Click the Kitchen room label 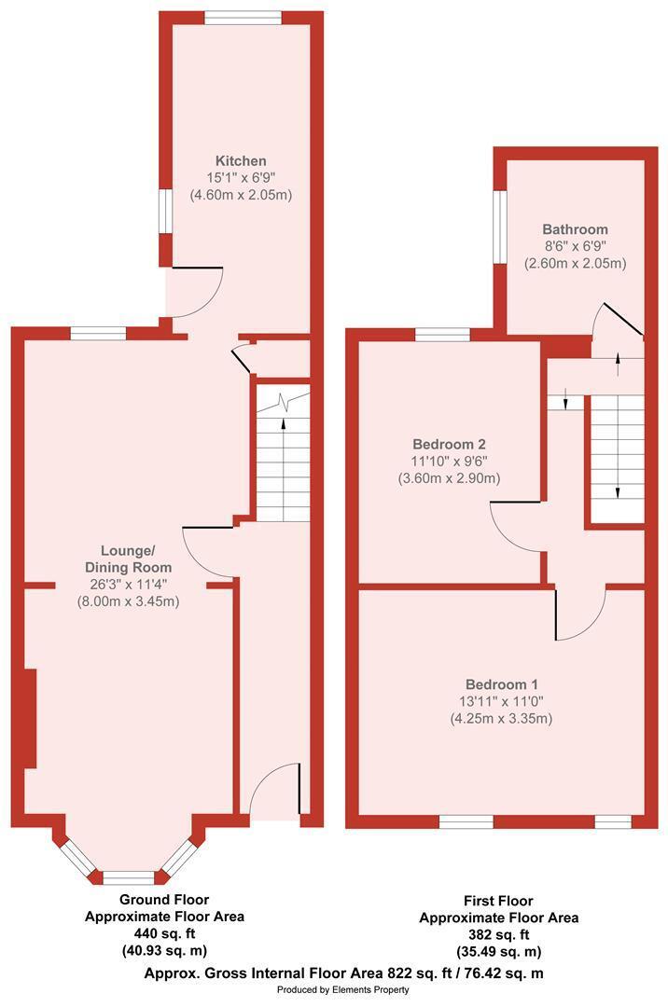coord(241,160)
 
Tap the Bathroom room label coord(575,229)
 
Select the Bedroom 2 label coord(449,444)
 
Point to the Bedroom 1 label coord(502,684)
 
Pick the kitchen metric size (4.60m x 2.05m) coord(241,195)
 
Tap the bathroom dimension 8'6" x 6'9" coord(575,246)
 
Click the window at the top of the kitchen coord(243,18)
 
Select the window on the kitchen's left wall coord(166,211)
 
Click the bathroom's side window coord(500,227)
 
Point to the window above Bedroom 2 coord(442,334)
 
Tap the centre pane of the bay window coord(129,878)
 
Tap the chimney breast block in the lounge coord(30,718)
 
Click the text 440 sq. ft coord(164,933)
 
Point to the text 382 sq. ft coord(498,934)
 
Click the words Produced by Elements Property coord(343,989)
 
